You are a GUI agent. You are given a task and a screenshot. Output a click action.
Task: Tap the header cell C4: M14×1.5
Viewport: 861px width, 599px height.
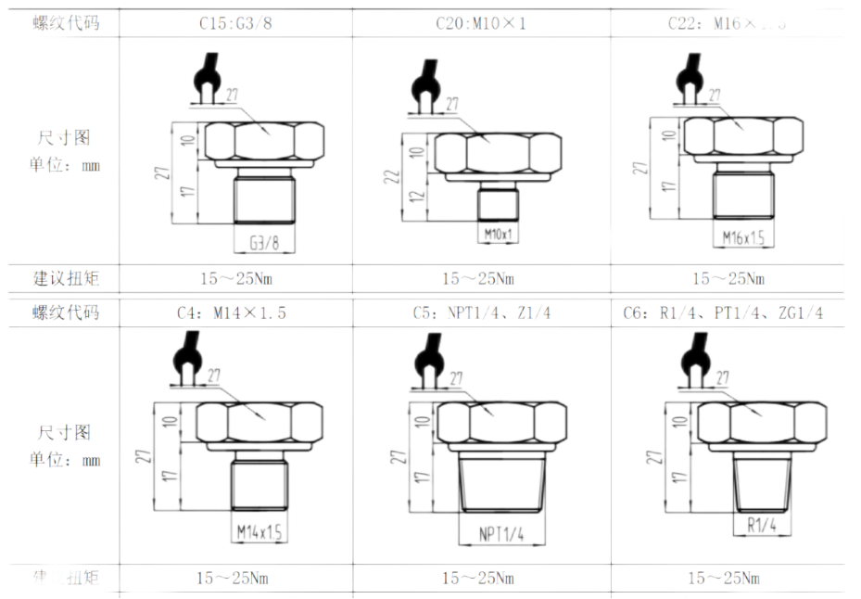tap(237, 313)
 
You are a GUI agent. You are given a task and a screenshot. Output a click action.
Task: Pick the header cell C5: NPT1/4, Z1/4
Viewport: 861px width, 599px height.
tap(482, 313)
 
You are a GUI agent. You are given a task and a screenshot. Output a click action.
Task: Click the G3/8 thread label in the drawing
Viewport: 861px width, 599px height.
tap(264, 243)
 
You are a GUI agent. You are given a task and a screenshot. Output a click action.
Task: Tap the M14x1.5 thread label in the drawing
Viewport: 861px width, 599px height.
tap(259, 531)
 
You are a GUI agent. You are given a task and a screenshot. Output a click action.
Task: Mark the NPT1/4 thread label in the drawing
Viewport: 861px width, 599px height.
tap(501, 534)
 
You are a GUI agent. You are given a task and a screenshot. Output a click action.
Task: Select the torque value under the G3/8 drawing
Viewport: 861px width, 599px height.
tap(237, 279)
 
